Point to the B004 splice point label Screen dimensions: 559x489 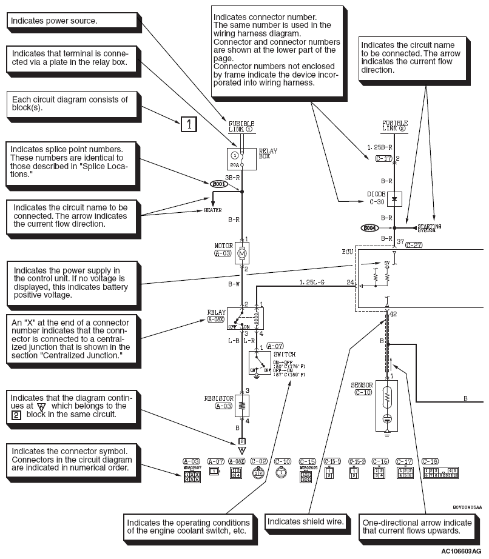pyautogui.click(x=369, y=228)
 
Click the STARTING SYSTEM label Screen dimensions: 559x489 pyautogui.click(x=430, y=228)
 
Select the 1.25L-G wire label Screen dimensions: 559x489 pyautogui.click(x=312, y=282)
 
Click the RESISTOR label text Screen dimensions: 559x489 pyautogui.click(x=217, y=398)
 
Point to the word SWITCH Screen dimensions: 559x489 pyautogui.click(x=283, y=353)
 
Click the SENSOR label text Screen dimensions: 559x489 pyautogui.click(x=362, y=386)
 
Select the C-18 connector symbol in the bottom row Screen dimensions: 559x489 pyautogui.click(x=440, y=473)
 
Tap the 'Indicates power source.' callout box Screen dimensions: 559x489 pyautogui.click(x=71, y=21)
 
